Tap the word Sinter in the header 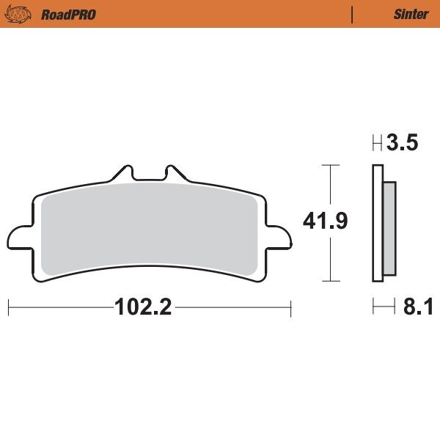[x=411, y=14]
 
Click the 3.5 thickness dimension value [x=403, y=144]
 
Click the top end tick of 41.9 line [x=332, y=166]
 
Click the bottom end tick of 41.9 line [x=332, y=282]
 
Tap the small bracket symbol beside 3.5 [x=378, y=144]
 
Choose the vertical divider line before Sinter [x=353, y=14]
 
